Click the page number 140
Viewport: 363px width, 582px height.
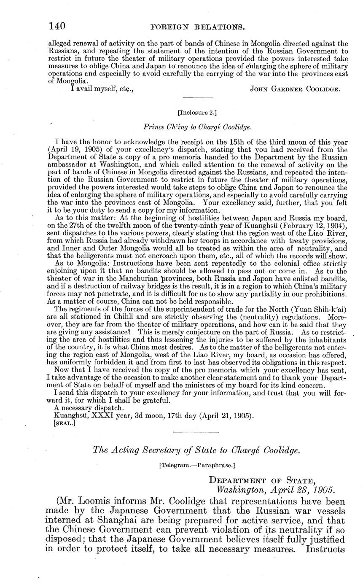coord(57,26)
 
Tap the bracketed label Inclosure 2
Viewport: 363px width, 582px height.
coord(197,112)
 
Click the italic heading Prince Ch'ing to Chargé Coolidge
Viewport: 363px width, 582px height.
coord(197,127)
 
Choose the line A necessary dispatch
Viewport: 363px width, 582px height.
coord(83,408)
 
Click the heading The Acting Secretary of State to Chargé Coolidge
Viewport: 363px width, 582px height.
coord(196,450)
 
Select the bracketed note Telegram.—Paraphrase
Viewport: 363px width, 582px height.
coord(197,465)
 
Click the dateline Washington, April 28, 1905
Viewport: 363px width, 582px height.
coord(275,490)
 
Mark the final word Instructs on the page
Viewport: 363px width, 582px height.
coord(325,549)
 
